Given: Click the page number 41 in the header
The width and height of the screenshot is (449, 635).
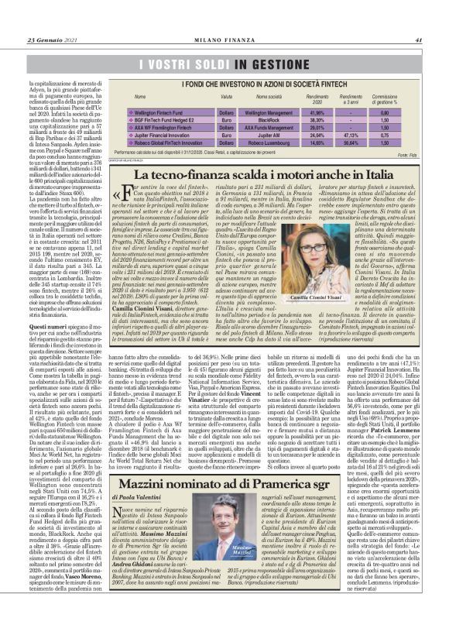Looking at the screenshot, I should coord(419,19).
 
